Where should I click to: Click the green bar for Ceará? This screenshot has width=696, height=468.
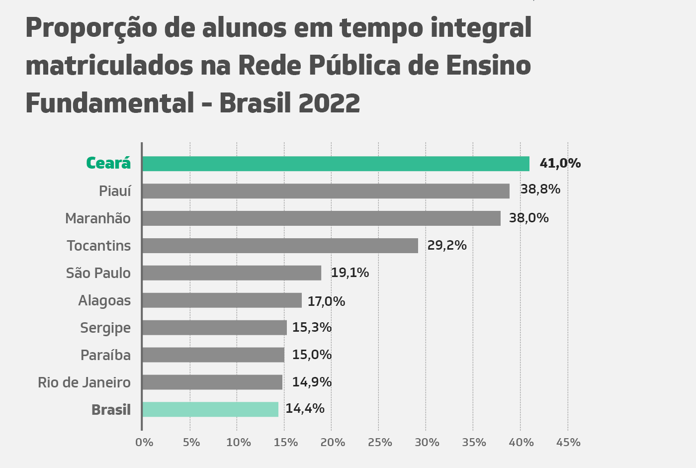click(336, 164)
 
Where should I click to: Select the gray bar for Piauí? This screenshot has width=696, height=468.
click(326, 191)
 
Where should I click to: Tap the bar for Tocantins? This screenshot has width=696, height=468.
click(280, 246)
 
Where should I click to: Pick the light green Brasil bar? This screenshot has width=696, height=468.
click(210, 409)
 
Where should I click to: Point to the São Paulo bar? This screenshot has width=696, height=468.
click(232, 273)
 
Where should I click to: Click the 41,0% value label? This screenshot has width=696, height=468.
click(560, 163)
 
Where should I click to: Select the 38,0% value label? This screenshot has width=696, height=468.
click(528, 218)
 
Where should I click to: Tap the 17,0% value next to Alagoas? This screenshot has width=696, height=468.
click(326, 301)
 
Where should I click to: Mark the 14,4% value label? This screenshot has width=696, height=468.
click(305, 409)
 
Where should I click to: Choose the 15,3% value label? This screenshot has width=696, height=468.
click(312, 327)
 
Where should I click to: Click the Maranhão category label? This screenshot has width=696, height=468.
click(98, 218)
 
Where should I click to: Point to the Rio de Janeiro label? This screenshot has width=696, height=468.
click(84, 382)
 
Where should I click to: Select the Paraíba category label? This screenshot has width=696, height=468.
click(105, 355)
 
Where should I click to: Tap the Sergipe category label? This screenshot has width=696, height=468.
click(105, 328)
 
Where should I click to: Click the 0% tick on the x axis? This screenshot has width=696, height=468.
click(144, 442)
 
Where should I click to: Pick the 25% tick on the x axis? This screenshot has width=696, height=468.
click(380, 442)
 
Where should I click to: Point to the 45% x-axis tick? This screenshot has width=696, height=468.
click(568, 442)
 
